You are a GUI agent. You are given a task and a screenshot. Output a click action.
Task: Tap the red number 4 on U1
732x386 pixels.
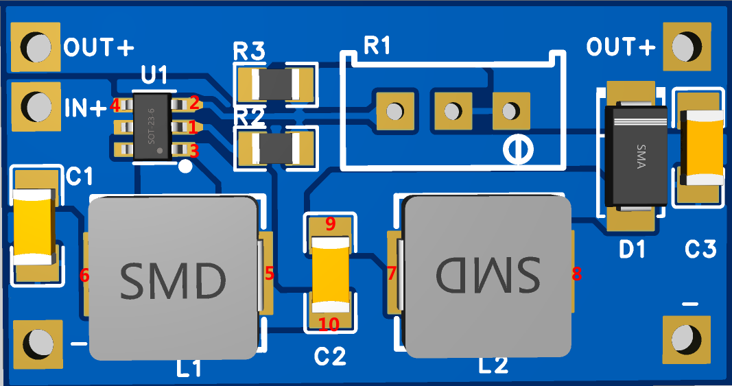(115, 106)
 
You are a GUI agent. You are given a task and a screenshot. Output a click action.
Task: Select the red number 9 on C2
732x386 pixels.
(330, 224)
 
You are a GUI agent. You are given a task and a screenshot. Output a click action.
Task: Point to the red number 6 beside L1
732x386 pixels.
(84, 275)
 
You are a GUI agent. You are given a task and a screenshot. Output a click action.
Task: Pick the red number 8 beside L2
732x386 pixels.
(577, 274)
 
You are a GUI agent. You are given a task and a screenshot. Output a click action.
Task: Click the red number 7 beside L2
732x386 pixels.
(392, 274)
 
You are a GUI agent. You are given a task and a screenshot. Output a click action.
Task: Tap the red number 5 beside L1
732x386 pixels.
(270, 274)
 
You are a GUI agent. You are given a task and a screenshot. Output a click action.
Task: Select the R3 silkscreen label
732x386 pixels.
(249, 51)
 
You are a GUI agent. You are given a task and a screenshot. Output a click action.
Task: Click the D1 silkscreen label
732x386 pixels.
(632, 250)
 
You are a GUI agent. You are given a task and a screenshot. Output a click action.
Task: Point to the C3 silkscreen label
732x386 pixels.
(700, 250)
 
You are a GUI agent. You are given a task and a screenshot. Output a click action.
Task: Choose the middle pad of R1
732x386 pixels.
(452, 110)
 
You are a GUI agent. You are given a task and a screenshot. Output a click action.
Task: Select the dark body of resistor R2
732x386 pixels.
(276, 148)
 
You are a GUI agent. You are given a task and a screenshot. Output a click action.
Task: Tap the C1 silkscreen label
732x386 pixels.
(80, 177)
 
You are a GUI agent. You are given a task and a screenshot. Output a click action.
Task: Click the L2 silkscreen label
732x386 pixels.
(493, 365)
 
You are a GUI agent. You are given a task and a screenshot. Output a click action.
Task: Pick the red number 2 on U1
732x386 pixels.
(194, 103)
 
